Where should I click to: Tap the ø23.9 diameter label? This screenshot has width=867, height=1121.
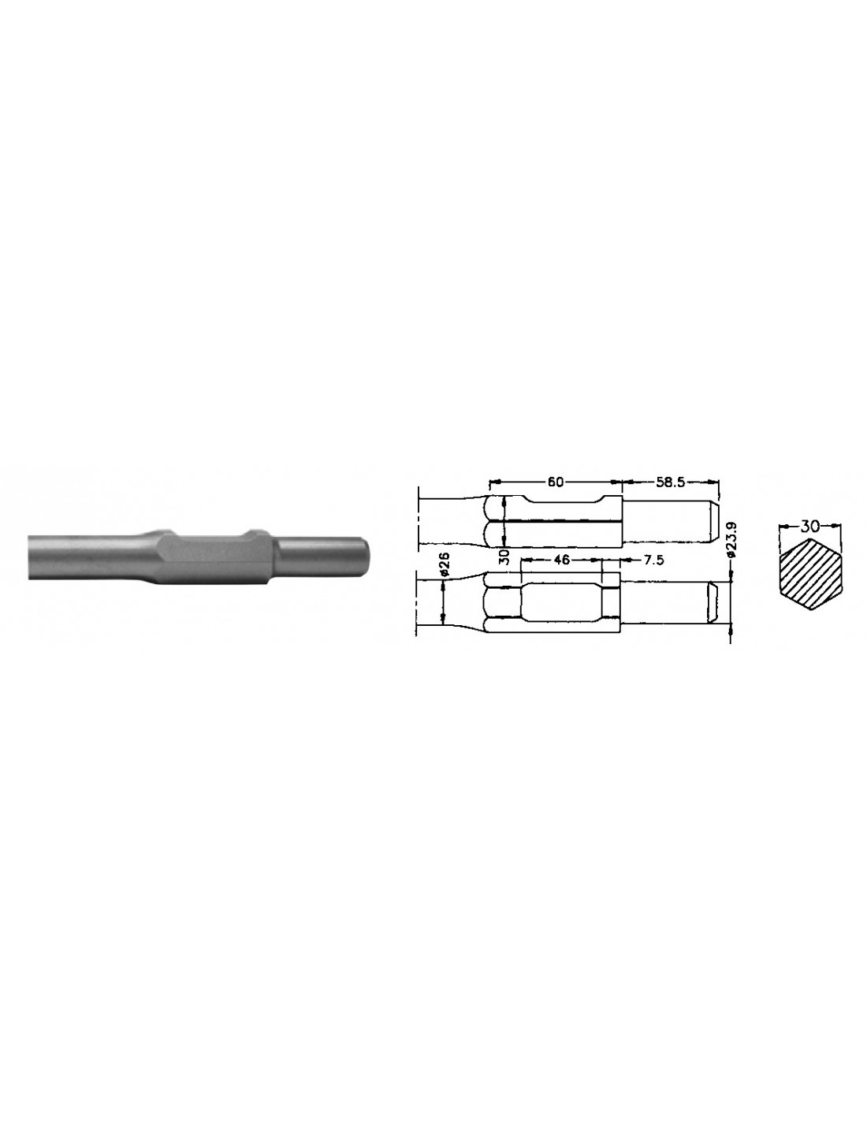coord(735,540)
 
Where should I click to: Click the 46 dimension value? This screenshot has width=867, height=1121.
coord(560,560)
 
